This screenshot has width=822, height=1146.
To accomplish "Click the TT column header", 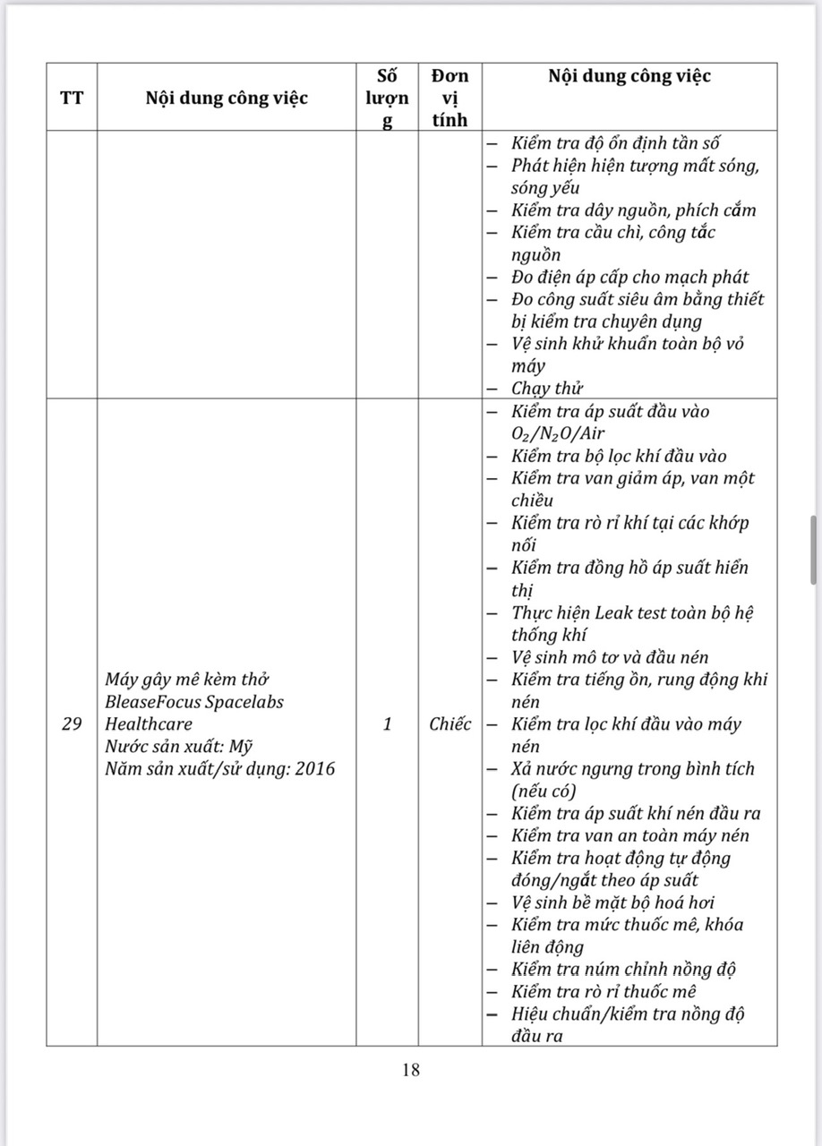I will pos(72,98).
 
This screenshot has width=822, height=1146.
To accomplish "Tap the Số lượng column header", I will pos(387,98).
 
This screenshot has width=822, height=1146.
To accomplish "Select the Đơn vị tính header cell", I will pos(450,98).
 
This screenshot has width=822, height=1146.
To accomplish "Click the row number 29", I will pos(72,724).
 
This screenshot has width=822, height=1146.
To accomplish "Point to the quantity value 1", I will pos(387,724).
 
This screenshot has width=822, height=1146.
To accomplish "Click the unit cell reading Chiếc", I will pos(450,724).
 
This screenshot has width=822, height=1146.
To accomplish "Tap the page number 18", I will pos(411,1069).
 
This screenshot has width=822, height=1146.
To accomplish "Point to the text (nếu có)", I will pos(544,791).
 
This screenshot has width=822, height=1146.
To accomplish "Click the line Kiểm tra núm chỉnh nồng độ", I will pos(624,970).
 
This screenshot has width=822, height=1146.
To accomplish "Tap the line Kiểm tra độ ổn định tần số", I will pos(616,143).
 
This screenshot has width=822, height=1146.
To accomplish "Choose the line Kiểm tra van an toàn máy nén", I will pos(630,836).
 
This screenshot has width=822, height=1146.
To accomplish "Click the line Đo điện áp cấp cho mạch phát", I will pos(629,278).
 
